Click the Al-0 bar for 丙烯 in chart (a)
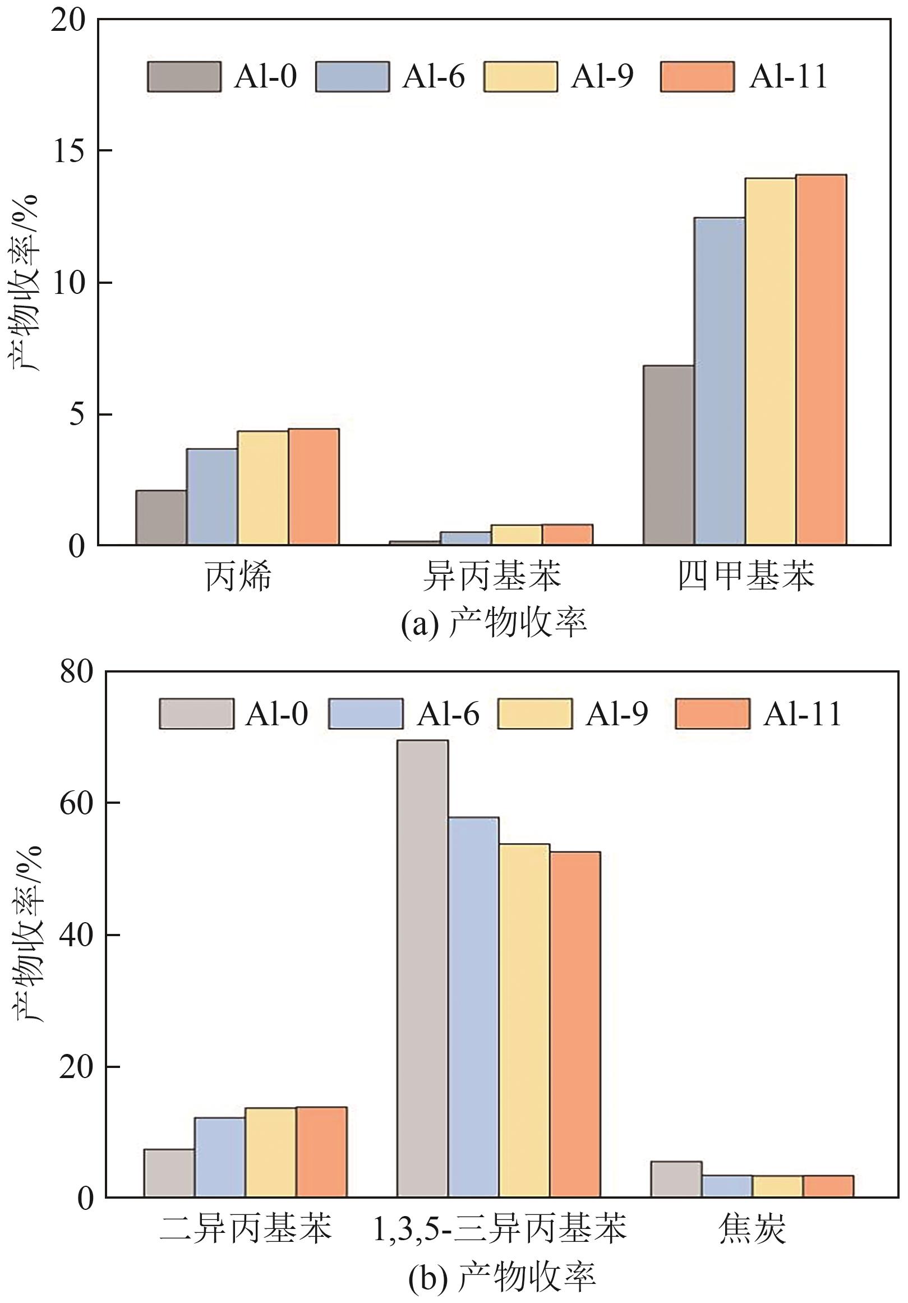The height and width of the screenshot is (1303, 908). click(x=160, y=518)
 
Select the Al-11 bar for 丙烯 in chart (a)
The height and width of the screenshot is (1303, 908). click(x=314, y=487)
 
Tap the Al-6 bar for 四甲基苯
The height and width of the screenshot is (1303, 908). click(x=719, y=381)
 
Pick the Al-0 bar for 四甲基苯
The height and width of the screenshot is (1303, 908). click(x=668, y=455)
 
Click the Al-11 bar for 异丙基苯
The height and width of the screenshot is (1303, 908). click(x=568, y=535)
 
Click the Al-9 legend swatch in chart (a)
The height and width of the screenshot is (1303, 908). click(x=520, y=77)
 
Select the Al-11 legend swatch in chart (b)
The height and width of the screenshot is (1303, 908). click(x=712, y=713)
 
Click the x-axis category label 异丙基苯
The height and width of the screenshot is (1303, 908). click(x=491, y=576)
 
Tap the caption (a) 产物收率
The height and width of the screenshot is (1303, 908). click(x=494, y=623)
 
